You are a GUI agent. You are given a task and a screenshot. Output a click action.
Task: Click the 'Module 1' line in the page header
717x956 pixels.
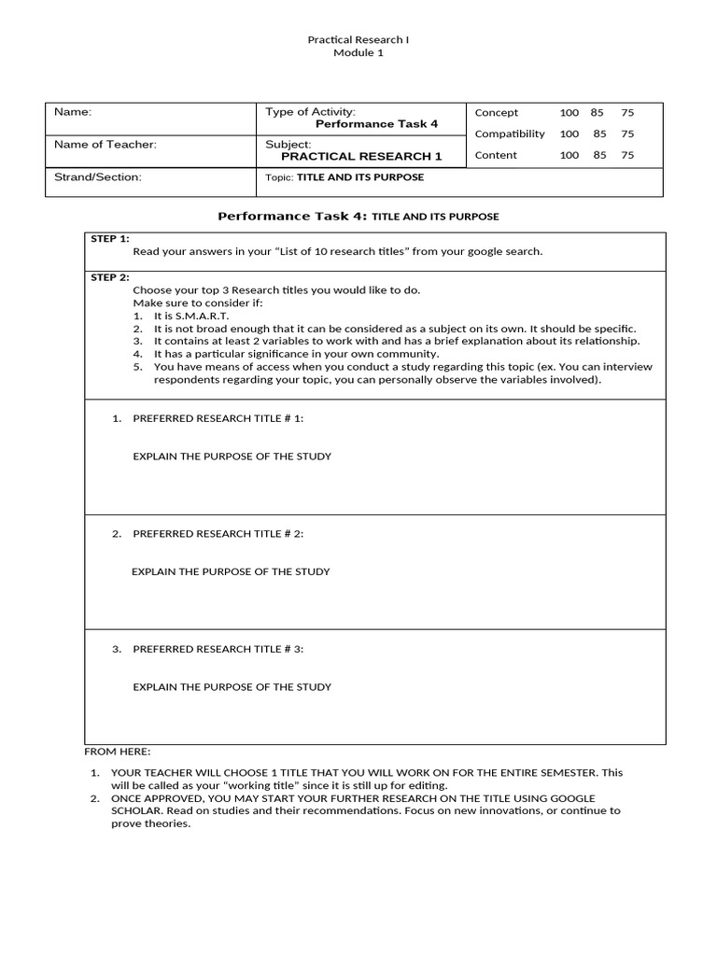[358, 53]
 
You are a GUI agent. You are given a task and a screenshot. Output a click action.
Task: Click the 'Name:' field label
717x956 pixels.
[73, 112]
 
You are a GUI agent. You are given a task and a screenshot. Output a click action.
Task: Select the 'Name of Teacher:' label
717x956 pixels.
[105, 145]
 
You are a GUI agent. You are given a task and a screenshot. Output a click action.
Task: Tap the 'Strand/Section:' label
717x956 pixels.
[98, 177]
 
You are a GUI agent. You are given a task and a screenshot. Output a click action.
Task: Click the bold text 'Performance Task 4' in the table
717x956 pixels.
[376, 124]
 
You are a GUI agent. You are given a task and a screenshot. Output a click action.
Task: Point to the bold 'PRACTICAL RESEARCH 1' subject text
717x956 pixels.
[368, 157]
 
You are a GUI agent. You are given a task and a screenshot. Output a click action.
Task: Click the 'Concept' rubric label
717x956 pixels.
[497, 113]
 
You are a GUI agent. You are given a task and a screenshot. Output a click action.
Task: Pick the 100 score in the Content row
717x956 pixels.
[569, 156]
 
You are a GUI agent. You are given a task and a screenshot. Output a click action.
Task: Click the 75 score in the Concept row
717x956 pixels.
[627, 113]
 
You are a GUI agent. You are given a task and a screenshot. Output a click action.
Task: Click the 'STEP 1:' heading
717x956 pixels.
[110, 239]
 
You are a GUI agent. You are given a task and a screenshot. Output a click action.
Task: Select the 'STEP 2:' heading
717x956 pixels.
[110, 277]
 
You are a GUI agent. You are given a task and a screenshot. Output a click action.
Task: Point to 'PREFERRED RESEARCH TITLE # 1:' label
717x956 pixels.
[218, 418]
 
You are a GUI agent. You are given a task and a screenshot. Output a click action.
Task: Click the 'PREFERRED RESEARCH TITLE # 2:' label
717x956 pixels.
[218, 534]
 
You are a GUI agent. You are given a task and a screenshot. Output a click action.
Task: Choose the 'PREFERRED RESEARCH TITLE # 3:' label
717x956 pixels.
[218, 649]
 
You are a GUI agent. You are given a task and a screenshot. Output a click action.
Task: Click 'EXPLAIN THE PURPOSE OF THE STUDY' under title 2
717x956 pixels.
[231, 571]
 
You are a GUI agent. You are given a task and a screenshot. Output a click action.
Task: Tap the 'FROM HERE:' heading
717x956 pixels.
[117, 752]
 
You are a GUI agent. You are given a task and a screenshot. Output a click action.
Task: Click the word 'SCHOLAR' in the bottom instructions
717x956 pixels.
[134, 811]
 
